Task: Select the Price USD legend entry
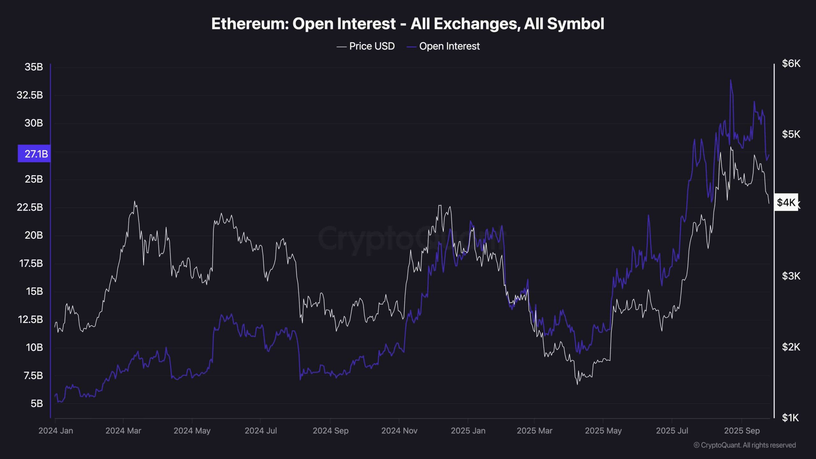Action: pos(372,46)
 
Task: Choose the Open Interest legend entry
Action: pos(449,46)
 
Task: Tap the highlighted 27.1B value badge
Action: pos(34,154)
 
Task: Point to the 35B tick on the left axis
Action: pos(34,67)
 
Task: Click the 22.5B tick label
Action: pos(30,207)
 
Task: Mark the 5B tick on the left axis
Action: pos(37,404)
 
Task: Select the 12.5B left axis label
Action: pos(30,319)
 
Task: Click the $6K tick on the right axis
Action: pos(791,63)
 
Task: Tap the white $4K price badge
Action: pos(786,202)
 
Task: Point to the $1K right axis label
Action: pos(791,418)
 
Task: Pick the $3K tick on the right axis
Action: pos(791,276)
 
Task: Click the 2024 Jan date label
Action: pos(56,431)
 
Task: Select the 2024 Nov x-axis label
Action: pos(399,431)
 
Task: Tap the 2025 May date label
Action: pos(603,431)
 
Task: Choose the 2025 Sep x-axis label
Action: pos(742,431)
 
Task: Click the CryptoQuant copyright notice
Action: pos(745,445)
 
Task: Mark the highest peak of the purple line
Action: pos(730,80)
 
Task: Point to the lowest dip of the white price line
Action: pos(577,384)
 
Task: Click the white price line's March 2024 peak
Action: pos(135,201)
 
